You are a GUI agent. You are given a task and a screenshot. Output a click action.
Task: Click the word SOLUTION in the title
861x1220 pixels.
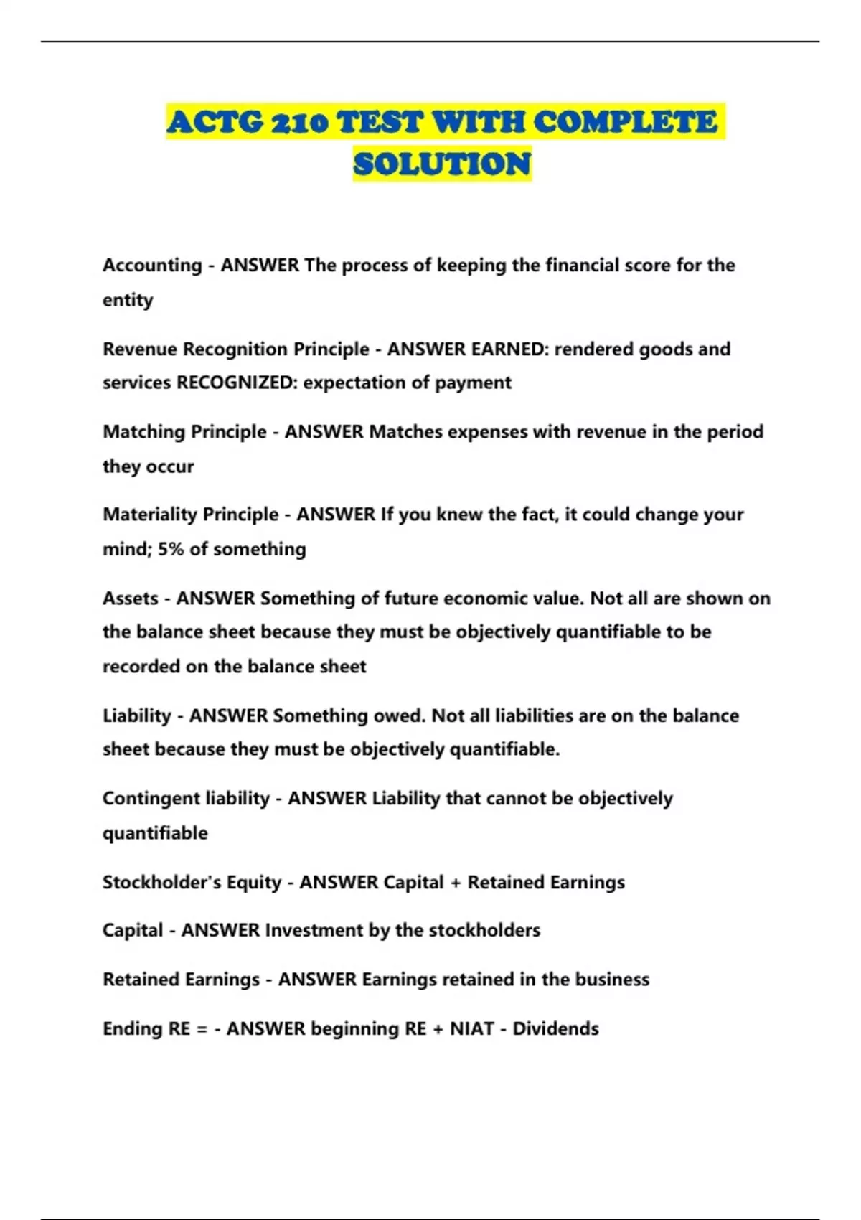point(442,164)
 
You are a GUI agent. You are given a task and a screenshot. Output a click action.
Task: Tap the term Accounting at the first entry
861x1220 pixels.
point(152,266)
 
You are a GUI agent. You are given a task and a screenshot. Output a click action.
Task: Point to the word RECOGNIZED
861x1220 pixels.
point(236,383)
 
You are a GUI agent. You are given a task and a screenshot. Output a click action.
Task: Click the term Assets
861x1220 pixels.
point(130,599)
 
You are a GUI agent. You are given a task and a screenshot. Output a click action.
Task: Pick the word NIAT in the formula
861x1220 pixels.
point(471,1029)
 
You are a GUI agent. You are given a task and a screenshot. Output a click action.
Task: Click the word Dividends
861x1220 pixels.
point(555,1029)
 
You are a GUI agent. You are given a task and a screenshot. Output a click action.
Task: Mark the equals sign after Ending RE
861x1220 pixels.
point(202,1029)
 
